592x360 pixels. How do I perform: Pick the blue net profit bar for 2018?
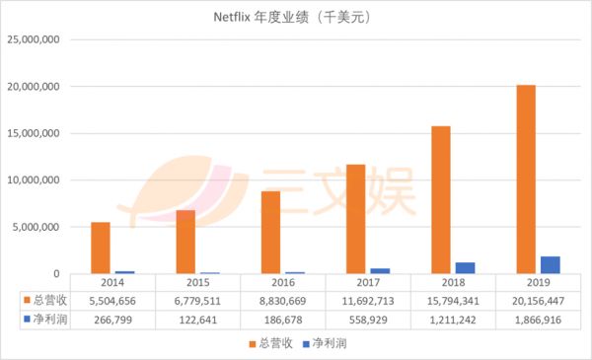pos(464,267)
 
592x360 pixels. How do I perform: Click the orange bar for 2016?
pos(271,232)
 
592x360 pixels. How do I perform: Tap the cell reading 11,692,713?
pos(368,300)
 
